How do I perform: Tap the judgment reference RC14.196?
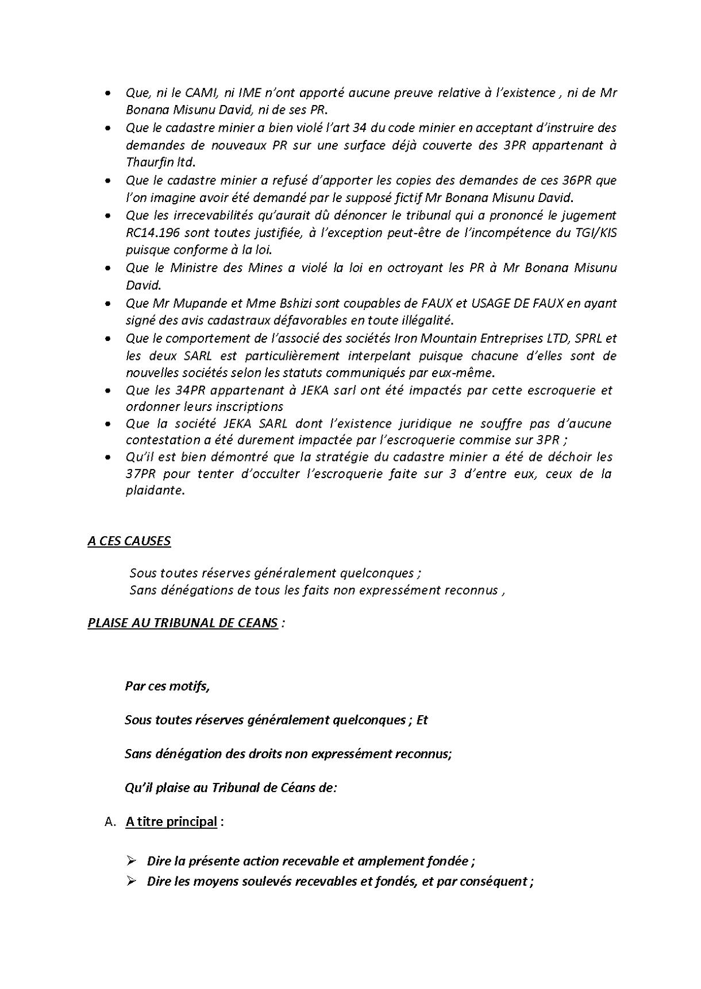point(153,232)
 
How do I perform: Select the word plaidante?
point(155,491)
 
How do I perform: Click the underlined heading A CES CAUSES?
point(129,541)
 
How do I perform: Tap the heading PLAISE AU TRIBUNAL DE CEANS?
point(183,623)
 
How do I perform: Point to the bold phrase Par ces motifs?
point(167,687)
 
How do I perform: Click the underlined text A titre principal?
point(171,821)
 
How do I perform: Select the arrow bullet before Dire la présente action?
point(131,861)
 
